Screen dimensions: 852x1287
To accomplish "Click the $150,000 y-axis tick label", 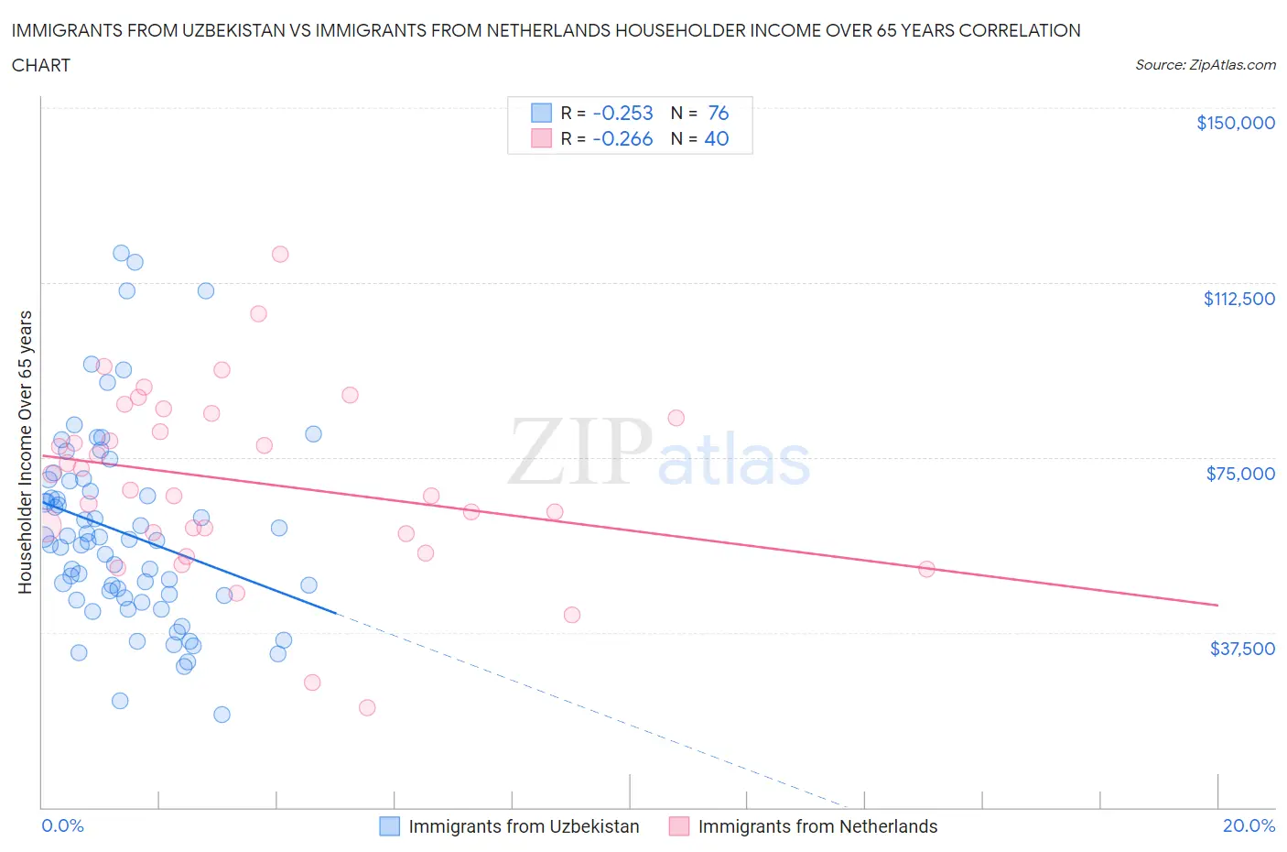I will click(x=1235, y=123).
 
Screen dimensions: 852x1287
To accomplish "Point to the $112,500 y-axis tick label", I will click(x=1238, y=298).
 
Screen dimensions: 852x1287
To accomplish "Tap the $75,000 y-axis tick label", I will click(x=1240, y=473).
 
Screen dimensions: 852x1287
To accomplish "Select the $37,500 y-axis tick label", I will click(x=1241, y=648).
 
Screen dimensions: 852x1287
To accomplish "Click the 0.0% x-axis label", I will click(x=62, y=825).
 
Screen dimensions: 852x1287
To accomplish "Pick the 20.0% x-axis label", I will click(x=1249, y=825).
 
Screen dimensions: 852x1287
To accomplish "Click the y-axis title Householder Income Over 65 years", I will click(x=25, y=452).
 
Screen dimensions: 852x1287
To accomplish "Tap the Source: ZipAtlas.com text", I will click(x=1205, y=64).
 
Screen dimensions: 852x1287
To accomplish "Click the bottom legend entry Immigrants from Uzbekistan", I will click(x=523, y=826).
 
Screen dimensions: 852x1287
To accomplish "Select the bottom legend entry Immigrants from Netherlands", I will click(x=817, y=826).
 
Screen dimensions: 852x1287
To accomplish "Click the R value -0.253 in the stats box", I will click(x=622, y=113).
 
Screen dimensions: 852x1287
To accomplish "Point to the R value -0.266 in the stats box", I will click(x=622, y=138).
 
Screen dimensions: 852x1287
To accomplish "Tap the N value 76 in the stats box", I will click(x=718, y=113).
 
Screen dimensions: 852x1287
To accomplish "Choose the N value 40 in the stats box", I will click(x=716, y=138).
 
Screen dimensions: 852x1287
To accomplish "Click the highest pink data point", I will click(x=280, y=254).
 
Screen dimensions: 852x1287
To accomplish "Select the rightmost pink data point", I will click(x=926, y=569).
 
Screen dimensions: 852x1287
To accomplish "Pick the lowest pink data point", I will click(x=367, y=707).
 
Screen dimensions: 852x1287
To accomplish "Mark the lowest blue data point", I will click(x=222, y=715).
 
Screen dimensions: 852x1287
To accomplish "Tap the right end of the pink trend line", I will click(x=1217, y=605).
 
